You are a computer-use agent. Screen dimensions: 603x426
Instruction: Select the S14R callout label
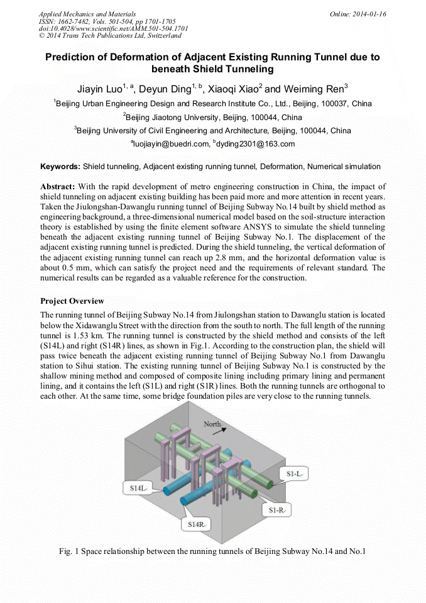tap(195, 523)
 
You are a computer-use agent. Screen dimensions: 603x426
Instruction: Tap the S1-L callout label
tap(294, 473)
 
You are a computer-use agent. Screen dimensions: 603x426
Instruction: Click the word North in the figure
tap(212, 424)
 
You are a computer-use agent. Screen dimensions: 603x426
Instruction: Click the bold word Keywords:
tap(60, 167)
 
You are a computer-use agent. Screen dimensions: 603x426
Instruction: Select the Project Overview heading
tap(72, 301)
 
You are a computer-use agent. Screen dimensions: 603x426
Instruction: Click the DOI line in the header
tap(113, 29)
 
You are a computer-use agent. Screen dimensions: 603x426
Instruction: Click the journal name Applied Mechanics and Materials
tap(87, 14)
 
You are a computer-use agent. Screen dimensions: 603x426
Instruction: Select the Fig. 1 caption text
tap(212, 551)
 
